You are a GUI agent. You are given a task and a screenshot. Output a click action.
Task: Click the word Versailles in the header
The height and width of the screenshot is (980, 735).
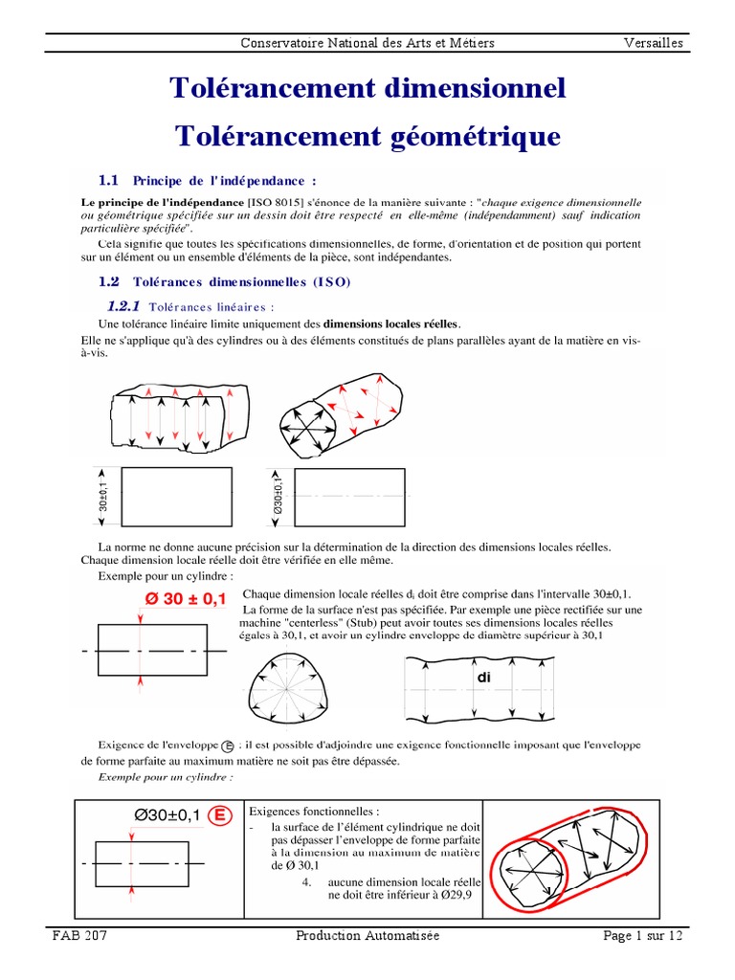click(x=655, y=43)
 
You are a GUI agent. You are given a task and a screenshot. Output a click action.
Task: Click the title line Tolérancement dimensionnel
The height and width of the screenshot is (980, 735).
click(x=367, y=88)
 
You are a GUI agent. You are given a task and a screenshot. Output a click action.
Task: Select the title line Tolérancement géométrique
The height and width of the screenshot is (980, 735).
click(x=367, y=136)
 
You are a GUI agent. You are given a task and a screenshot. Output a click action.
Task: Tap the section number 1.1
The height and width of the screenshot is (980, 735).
click(x=108, y=180)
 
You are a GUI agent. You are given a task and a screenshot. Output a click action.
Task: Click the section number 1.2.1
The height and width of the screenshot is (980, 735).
click(x=123, y=306)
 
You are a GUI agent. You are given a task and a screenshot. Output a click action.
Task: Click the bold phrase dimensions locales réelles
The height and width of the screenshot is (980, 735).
click(x=391, y=323)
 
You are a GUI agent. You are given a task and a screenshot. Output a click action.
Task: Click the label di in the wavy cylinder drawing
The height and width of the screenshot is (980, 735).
click(x=482, y=677)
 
